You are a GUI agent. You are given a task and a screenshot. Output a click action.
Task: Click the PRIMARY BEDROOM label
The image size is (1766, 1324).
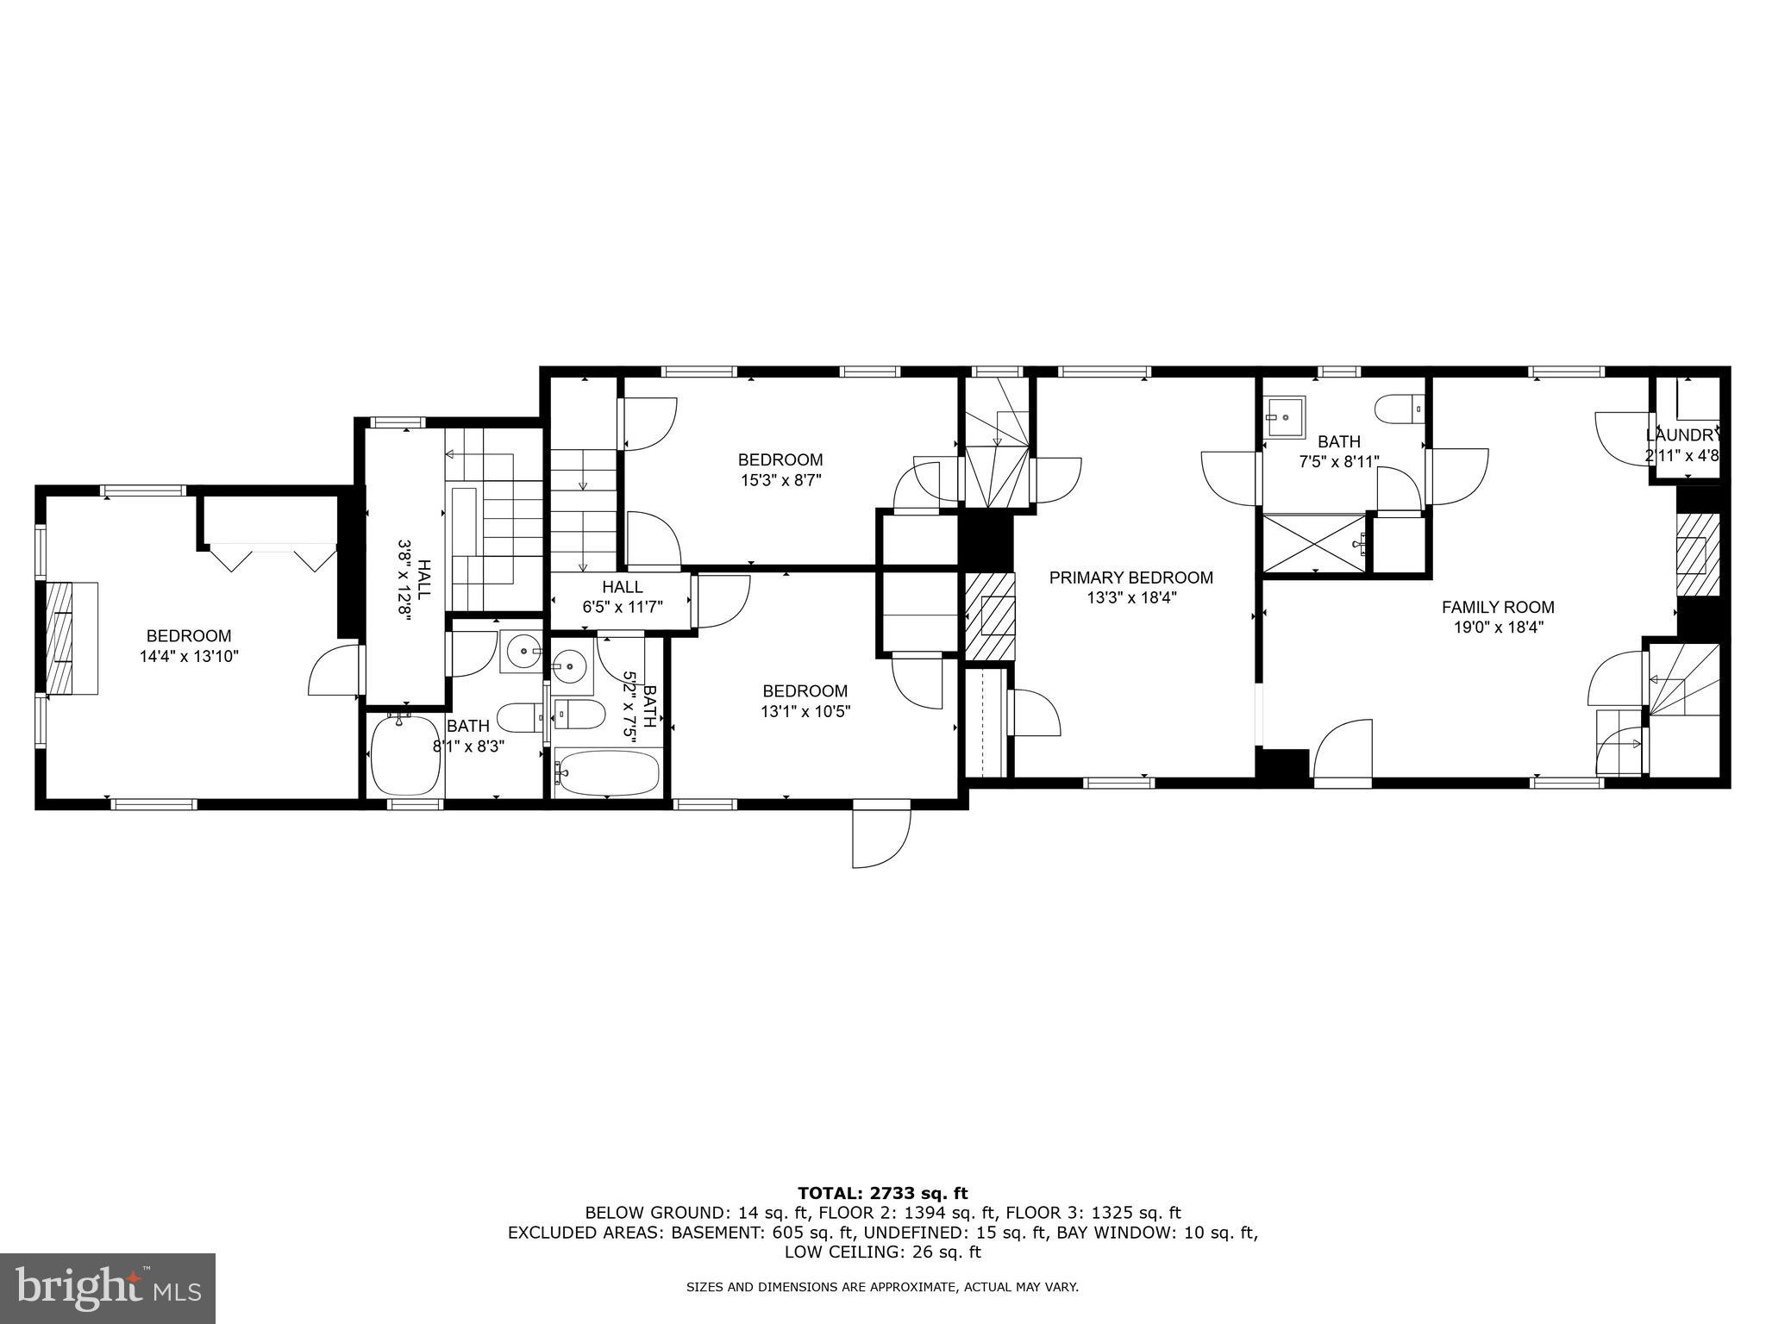(x=1130, y=578)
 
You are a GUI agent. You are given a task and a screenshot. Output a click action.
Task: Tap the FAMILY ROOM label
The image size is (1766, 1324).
(x=1498, y=607)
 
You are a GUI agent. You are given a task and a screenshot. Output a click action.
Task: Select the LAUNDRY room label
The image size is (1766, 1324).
(x=1682, y=435)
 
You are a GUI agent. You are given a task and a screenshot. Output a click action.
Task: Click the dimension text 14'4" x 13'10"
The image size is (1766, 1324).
(x=189, y=656)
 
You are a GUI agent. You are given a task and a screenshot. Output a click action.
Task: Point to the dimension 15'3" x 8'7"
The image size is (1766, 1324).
(x=780, y=480)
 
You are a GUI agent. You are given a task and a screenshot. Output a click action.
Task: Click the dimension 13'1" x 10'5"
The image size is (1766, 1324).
(x=805, y=712)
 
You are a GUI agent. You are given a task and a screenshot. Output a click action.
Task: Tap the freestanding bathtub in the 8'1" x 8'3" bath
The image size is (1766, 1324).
(x=404, y=756)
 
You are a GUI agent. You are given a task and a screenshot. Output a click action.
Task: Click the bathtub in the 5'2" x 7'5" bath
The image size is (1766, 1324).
(x=607, y=772)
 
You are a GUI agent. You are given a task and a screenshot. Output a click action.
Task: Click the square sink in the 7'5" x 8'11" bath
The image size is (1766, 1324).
(x=1285, y=417)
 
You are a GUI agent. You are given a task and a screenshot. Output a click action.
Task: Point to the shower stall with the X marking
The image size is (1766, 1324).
(x=1313, y=543)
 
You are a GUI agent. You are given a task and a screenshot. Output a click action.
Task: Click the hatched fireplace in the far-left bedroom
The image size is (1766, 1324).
(x=59, y=638)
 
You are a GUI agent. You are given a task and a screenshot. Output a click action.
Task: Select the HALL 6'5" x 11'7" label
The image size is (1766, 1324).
(x=622, y=596)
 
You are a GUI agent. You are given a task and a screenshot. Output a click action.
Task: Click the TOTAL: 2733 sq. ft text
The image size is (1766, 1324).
(x=882, y=1193)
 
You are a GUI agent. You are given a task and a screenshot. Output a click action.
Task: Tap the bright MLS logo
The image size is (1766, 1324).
(x=107, y=1289)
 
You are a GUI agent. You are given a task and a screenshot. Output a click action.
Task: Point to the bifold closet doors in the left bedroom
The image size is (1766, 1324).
(x=272, y=556)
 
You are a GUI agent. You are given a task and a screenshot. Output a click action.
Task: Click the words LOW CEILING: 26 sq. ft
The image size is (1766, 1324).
(x=882, y=1252)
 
